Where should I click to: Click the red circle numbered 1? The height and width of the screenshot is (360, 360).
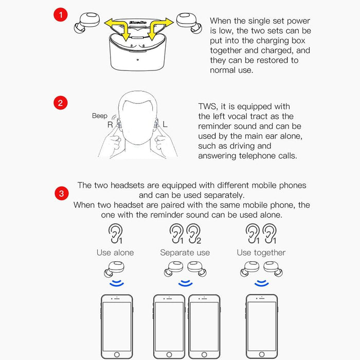pos(61,15)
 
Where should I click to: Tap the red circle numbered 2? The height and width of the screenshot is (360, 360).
pos(61,103)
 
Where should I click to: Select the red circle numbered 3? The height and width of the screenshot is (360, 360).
pos(61,194)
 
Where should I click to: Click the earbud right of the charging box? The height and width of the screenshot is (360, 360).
pos(187,21)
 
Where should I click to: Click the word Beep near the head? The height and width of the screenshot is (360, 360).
pos(100,116)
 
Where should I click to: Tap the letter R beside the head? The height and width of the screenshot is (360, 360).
pos(110,124)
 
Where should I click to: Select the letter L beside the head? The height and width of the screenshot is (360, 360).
pos(165,124)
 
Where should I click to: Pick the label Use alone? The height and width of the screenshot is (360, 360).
pos(115,253)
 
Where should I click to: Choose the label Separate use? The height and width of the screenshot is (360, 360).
pos(185,253)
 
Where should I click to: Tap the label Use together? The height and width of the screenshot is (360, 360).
pos(261,253)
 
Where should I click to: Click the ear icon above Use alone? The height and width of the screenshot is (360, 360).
pos(115,233)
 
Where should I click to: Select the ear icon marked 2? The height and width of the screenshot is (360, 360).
pos(193,233)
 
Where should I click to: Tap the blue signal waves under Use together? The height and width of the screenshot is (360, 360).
pos(262,283)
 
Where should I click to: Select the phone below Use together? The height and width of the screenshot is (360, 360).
pos(261,327)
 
